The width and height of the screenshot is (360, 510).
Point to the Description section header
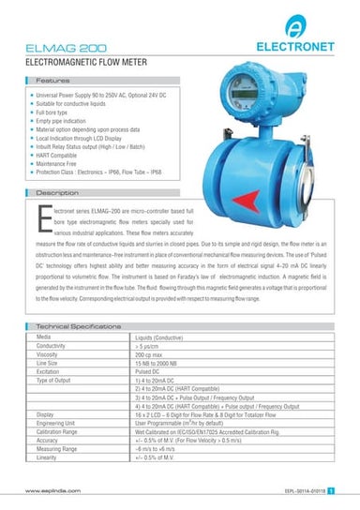58,192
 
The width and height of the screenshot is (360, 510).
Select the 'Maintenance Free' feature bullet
58,160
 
